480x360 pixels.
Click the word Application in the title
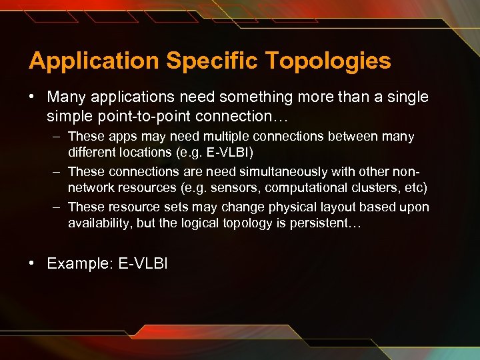[x=93, y=61]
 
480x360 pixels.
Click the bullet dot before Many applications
[x=33, y=97]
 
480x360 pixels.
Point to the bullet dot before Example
[x=33, y=263]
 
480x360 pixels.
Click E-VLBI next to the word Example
[x=143, y=264]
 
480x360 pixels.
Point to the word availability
[x=100, y=223]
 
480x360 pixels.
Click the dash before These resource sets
[x=57, y=207]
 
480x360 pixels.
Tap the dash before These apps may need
[x=57, y=137]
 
